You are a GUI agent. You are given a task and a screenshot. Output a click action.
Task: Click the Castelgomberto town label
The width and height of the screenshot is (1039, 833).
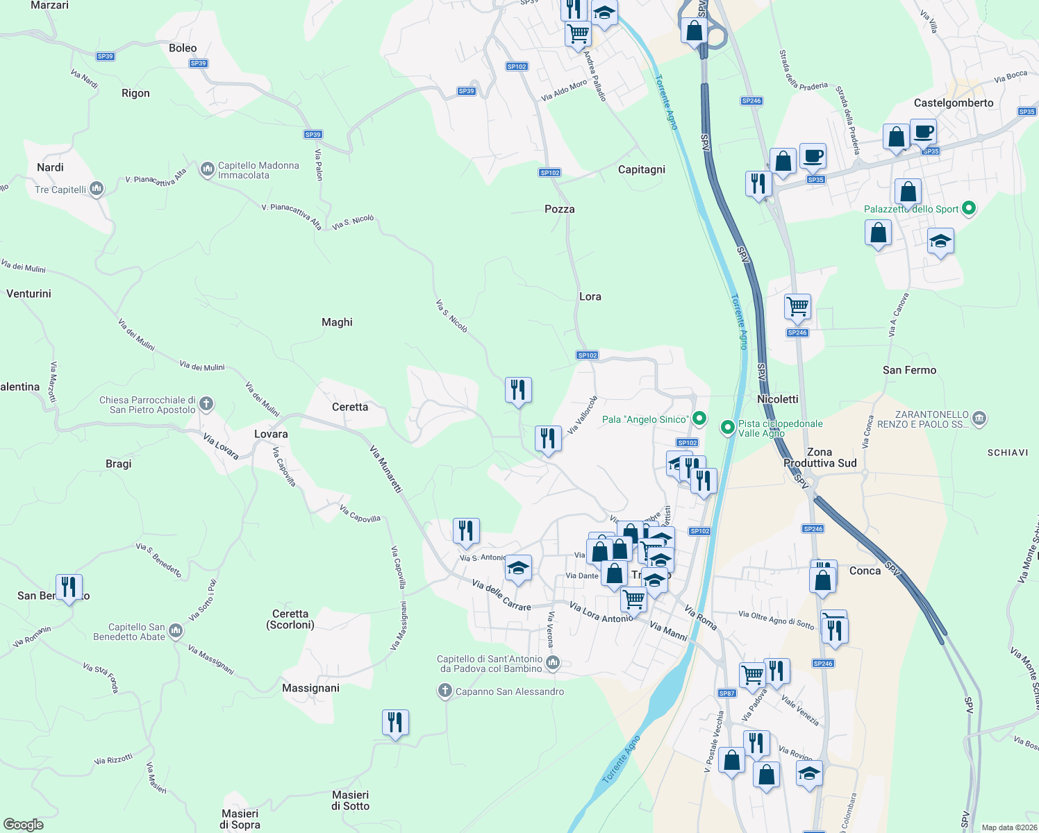pos(953,103)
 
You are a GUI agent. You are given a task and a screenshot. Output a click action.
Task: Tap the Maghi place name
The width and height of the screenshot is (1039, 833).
pos(337,322)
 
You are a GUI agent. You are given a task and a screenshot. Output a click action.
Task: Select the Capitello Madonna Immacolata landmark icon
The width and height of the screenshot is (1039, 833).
pos(207,170)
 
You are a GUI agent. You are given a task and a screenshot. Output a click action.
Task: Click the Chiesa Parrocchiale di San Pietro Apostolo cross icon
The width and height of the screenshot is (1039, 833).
pos(206,404)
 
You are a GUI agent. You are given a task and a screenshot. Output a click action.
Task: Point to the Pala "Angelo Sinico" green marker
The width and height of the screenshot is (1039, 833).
pos(699,419)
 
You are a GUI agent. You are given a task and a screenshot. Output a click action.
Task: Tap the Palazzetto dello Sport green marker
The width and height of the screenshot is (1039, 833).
pos(970,208)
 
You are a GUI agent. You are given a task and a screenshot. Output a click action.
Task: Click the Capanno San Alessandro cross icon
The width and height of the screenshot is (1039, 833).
pos(444,691)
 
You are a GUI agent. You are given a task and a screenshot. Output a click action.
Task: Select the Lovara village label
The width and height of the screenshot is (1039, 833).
pos(271,434)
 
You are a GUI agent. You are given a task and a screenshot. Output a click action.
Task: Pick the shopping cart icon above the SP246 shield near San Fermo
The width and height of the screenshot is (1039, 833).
pos(797,306)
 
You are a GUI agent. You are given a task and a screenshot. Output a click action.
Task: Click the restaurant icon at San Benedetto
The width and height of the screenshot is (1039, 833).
pos(69,587)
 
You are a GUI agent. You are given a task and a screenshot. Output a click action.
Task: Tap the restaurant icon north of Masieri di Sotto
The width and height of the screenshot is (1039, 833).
pos(395,723)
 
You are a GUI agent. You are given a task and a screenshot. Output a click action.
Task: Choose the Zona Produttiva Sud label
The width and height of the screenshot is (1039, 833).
pos(820,457)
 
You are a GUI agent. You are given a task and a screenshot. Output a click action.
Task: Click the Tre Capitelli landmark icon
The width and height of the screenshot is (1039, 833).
pos(97,189)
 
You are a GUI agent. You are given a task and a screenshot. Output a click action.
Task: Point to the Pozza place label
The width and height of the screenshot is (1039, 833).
pos(559,209)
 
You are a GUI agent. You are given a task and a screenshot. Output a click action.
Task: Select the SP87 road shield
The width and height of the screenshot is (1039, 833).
pos(726,693)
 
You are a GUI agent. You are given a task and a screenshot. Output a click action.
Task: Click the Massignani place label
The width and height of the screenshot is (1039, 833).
pos(310,688)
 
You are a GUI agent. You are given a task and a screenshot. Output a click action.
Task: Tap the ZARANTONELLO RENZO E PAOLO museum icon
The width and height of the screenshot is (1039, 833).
pos(979,419)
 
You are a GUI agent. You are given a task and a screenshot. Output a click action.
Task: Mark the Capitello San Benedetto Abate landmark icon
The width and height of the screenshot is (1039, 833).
pos(176,631)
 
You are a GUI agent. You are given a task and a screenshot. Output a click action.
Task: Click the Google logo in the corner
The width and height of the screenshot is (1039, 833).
pos(23,825)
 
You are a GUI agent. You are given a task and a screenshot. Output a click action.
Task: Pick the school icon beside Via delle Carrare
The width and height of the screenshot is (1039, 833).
pos(518,569)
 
